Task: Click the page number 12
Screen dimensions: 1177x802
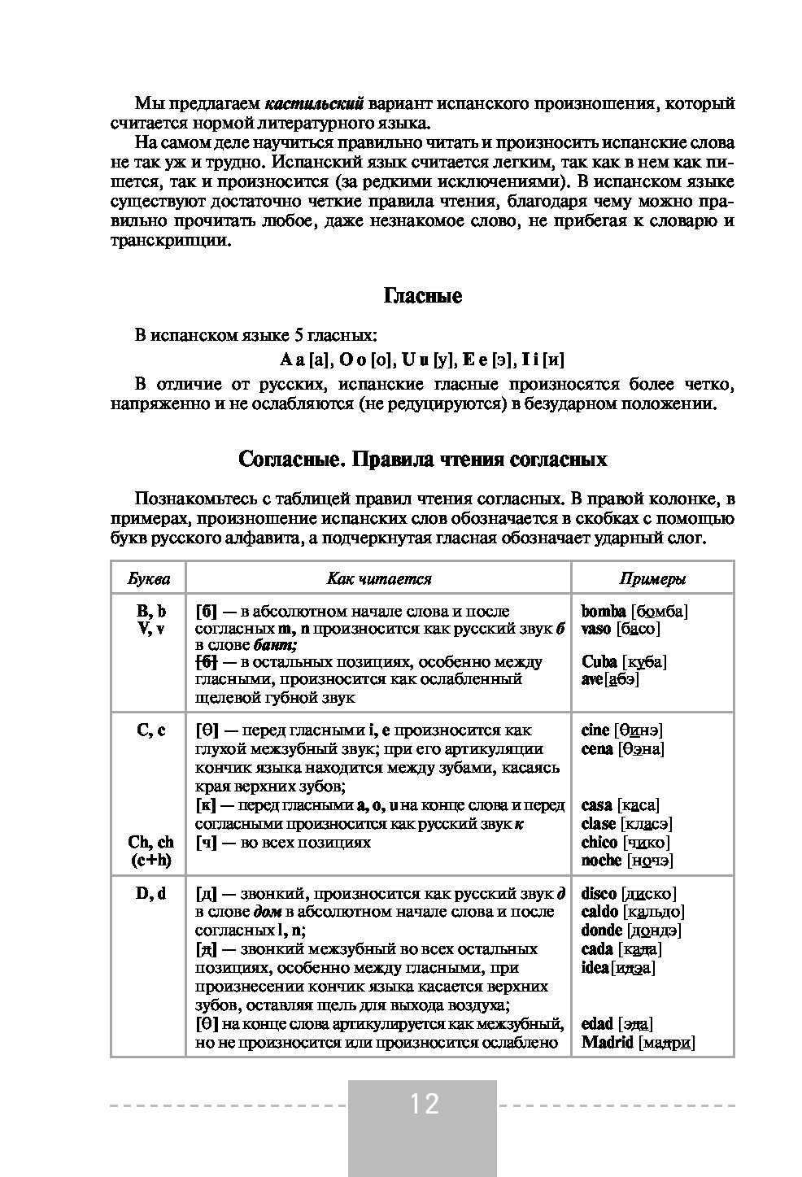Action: tap(423, 1104)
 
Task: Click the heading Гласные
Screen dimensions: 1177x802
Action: tap(422, 296)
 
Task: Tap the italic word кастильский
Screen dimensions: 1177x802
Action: tap(315, 104)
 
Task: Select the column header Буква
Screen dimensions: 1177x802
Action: tap(149, 579)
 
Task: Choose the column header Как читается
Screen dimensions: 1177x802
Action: tap(379, 579)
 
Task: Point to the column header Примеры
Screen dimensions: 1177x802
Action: tap(652, 579)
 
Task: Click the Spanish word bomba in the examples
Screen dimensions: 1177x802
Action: tap(604, 611)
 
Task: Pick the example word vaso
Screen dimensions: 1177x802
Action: tap(597, 629)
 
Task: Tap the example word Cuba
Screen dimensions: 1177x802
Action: tap(599, 660)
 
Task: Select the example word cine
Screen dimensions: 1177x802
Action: tap(595, 730)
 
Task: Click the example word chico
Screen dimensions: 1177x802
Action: tap(599, 843)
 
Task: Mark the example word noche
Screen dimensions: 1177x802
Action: tap(601, 861)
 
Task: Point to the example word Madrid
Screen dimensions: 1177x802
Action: tap(608, 1043)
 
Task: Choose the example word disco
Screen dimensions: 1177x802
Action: tap(599, 894)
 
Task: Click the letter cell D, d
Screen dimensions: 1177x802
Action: tap(150, 894)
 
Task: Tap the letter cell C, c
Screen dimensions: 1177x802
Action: tap(150, 730)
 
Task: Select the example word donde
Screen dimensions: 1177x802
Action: tap(602, 931)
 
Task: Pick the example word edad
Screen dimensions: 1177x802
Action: tap(598, 1024)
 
